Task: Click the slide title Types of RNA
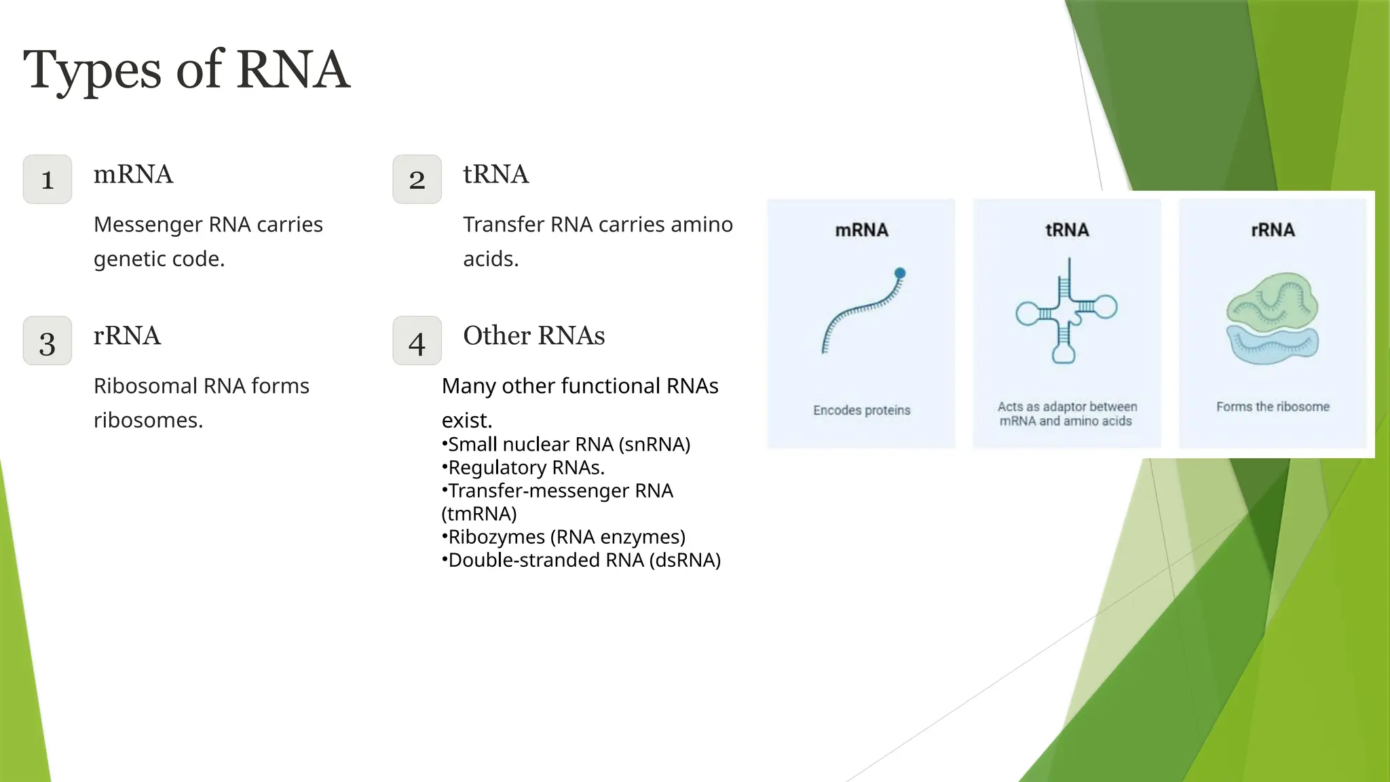(x=186, y=70)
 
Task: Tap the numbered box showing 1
(x=48, y=179)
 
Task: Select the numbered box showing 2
(x=417, y=179)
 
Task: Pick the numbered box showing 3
(x=48, y=341)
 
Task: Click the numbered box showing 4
(x=417, y=341)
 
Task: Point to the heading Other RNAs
(x=533, y=335)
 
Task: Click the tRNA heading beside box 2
(x=495, y=174)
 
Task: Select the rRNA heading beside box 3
(x=127, y=335)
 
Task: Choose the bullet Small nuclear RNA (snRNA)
(x=567, y=445)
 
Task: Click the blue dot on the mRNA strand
(x=900, y=274)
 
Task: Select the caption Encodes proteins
(x=861, y=410)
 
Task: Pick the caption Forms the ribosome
(x=1273, y=407)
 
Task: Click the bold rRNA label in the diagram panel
(x=1273, y=230)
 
